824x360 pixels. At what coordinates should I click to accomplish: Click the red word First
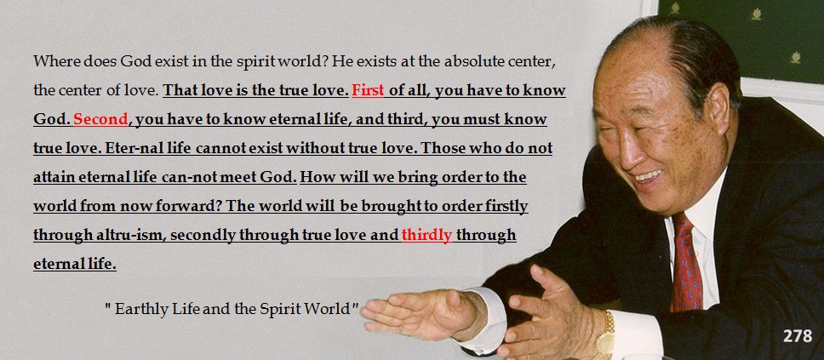368,90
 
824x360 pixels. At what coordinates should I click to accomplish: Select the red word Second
100,119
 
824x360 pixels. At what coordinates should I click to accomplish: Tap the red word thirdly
426,235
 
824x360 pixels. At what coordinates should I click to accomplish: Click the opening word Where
51,61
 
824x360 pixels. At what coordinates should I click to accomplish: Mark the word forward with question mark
186,206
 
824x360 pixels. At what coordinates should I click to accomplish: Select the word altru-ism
132,235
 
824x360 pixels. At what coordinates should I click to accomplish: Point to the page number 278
798,336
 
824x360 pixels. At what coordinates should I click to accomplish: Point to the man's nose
624,149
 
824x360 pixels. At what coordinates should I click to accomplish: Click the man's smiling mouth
648,176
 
